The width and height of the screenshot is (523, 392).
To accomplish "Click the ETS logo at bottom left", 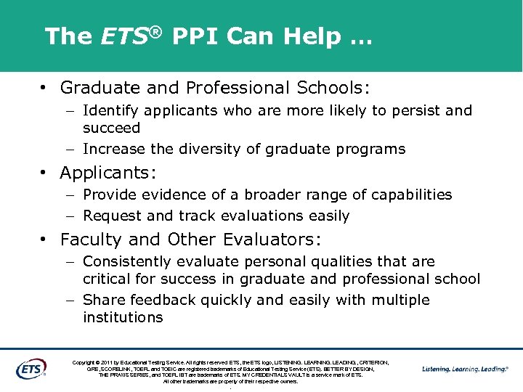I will tap(31, 368).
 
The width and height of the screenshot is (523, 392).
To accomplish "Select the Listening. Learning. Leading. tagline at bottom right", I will tap(465, 369).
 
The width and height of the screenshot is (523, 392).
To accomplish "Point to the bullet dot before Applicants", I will tap(45, 173).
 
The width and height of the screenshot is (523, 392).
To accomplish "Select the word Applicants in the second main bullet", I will tap(107, 173).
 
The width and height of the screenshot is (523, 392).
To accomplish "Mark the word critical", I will tap(108, 279).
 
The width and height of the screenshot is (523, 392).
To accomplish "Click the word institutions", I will tap(123, 318).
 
